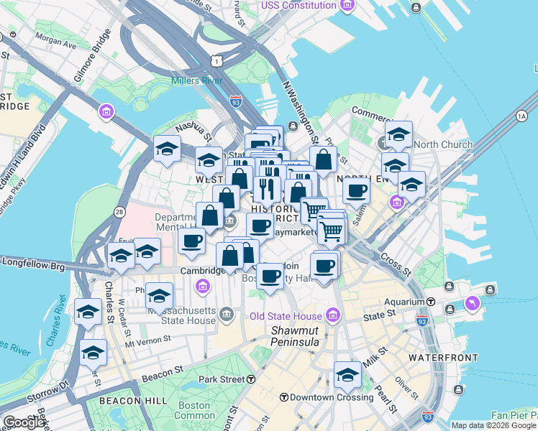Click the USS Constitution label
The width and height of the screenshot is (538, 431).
tap(299, 5)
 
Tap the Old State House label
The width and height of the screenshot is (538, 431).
tap(286, 316)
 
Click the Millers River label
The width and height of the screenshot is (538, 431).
tap(196, 80)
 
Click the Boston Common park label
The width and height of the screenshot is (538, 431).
tap(194, 410)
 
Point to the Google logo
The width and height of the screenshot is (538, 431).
tap(24, 422)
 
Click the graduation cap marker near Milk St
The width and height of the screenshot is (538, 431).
tap(347, 376)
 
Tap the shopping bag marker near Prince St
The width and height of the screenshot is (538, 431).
tap(324, 160)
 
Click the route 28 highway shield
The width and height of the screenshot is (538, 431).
tap(118, 211)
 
